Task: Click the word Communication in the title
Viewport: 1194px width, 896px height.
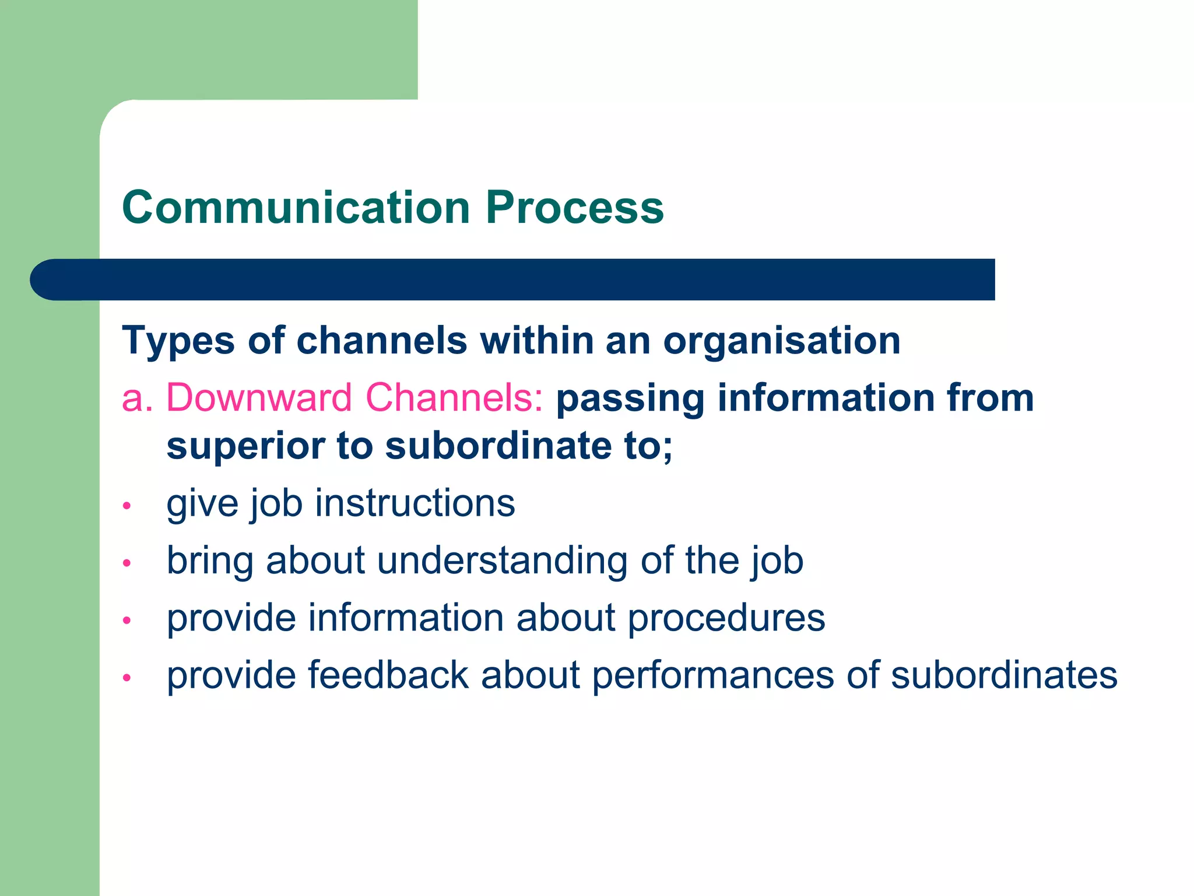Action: [x=296, y=208]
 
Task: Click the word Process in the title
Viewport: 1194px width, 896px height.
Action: [x=575, y=208]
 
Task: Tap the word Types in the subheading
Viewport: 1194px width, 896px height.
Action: [x=178, y=341]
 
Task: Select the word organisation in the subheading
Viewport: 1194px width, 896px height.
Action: [x=782, y=341]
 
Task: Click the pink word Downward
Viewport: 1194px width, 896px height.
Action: [x=259, y=398]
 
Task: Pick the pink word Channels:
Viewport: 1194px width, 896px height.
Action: [x=454, y=398]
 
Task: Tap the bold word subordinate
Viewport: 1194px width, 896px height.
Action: [x=498, y=446]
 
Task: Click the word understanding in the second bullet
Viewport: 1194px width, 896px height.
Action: [x=503, y=561]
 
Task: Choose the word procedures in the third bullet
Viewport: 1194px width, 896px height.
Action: [x=726, y=618]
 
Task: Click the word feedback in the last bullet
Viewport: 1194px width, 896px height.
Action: [x=388, y=675]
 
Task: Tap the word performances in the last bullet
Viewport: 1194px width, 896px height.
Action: [x=713, y=675]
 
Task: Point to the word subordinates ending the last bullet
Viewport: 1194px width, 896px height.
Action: [x=1004, y=675]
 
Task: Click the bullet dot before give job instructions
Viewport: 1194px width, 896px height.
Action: [x=127, y=505]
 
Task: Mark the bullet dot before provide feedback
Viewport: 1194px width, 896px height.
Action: [x=127, y=678]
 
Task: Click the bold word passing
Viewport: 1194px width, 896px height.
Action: [x=630, y=399]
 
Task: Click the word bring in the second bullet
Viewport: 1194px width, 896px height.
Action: [x=210, y=561]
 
